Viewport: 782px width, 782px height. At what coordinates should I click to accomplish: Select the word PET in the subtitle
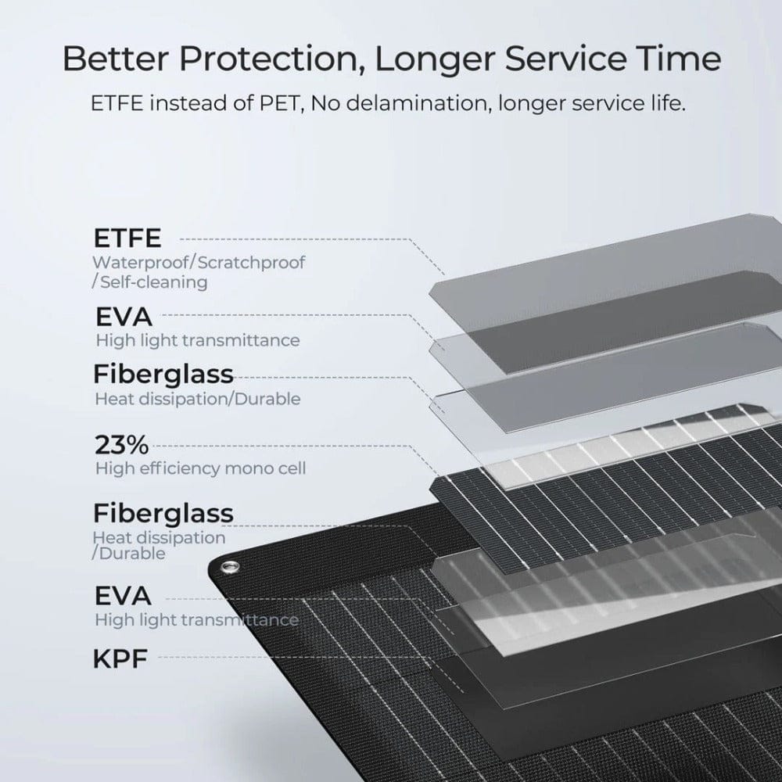tap(282, 104)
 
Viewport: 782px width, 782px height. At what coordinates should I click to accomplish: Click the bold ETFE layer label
tap(127, 238)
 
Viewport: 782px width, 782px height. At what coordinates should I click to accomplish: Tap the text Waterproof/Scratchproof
tap(199, 262)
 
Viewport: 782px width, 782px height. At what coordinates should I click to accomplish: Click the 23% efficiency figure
tap(122, 444)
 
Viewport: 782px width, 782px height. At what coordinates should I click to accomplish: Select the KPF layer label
tap(120, 658)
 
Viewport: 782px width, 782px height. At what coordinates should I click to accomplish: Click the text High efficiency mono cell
tap(200, 468)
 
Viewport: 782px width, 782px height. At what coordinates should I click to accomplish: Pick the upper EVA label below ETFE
tap(124, 317)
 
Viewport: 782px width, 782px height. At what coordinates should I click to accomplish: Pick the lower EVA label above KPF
tap(123, 596)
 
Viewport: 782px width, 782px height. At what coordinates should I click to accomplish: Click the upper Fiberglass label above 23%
tap(163, 374)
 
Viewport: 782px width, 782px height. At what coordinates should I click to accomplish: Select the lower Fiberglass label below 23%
tap(163, 513)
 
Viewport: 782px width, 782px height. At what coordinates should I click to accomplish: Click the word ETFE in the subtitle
tap(117, 104)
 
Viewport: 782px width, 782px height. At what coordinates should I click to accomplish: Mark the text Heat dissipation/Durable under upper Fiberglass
tap(198, 399)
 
